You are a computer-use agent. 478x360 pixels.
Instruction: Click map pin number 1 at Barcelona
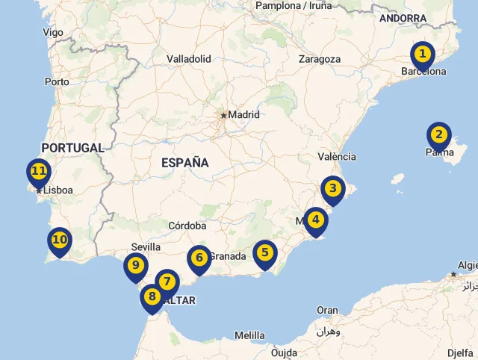click(x=423, y=55)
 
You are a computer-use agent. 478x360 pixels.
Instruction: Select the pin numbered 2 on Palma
click(x=439, y=135)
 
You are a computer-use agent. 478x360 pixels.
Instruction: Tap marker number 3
click(x=333, y=189)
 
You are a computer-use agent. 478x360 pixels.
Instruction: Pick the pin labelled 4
click(x=316, y=220)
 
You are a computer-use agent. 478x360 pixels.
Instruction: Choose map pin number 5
click(x=264, y=252)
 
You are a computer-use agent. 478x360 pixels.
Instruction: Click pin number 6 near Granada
click(x=199, y=258)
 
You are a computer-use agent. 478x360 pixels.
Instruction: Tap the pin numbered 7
click(x=167, y=282)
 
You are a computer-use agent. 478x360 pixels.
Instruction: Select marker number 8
click(x=152, y=297)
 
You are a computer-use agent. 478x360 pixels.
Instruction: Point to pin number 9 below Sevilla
click(x=136, y=265)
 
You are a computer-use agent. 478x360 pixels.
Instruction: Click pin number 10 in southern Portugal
click(x=60, y=240)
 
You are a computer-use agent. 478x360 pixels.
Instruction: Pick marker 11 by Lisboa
click(x=39, y=172)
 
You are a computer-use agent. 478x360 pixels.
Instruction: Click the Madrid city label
click(x=243, y=115)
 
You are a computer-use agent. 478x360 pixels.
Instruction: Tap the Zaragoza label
click(x=319, y=59)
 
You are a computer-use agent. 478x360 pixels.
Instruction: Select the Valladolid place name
click(x=189, y=58)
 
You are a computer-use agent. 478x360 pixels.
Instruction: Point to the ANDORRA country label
click(x=403, y=18)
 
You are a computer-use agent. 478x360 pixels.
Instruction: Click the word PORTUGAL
click(x=72, y=148)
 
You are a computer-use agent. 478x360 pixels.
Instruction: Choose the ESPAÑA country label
click(x=184, y=162)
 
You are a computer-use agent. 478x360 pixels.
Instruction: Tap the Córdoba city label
click(x=187, y=226)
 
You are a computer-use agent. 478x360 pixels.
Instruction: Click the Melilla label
click(x=249, y=335)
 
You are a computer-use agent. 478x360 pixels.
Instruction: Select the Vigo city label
click(x=53, y=32)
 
